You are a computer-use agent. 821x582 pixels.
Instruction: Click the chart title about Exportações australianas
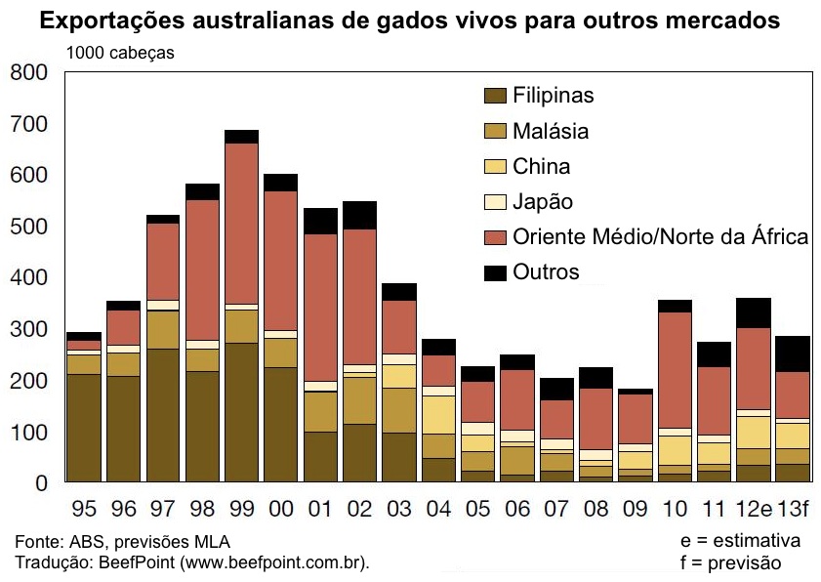pyautogui.click(x=410, y=20)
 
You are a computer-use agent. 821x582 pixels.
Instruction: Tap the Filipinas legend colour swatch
pyautogui.click(x=495, y=96)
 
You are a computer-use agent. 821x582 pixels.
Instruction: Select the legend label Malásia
pyautogui.click(x=551, y=131)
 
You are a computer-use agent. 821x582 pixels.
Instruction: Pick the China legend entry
pyautogui.click(x=541, y=166)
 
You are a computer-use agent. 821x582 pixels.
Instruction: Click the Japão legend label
pyautogui.click(x=543, y=202)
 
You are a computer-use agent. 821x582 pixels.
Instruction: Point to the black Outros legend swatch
pyautogui.click(x=495, y=272)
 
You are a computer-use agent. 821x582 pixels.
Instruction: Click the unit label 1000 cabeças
pyautogui.click(x=120, y=54)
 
